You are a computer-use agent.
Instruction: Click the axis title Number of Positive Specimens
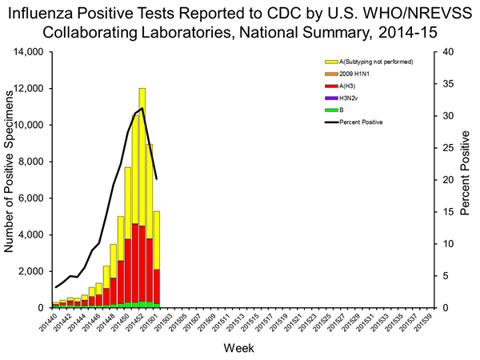point(10,180)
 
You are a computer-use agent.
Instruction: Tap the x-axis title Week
point(240,350)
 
